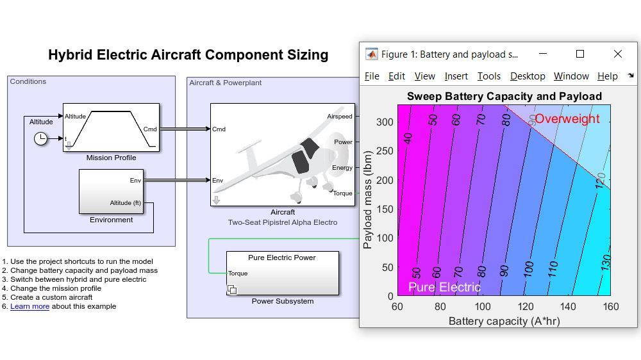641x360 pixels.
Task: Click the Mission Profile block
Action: coord(111,127)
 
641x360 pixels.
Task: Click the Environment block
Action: coord(111,191)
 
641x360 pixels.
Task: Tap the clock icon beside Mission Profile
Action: coord(40,138)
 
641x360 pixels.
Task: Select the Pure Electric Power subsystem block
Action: coord(282,273)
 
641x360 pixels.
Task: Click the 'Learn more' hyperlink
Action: coord(29,306)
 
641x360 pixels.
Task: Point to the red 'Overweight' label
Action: coord(567,119)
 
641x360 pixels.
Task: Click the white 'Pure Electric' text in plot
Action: coord(444,287)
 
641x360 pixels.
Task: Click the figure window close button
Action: coord(617,54)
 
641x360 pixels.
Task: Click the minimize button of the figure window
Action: coord(543,54)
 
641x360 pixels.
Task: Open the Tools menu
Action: coord(488,76)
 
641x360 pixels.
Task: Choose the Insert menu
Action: coord(456,76)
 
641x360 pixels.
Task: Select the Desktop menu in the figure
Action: coord(528,76)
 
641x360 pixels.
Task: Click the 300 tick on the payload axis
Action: coord(384,122)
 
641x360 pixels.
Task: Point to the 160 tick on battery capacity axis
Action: coord(610,307)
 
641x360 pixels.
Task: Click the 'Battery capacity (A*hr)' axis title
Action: coord(504,320)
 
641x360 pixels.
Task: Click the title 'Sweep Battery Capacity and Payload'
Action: coord(504,97)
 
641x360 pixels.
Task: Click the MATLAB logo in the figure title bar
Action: coord(371,54)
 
